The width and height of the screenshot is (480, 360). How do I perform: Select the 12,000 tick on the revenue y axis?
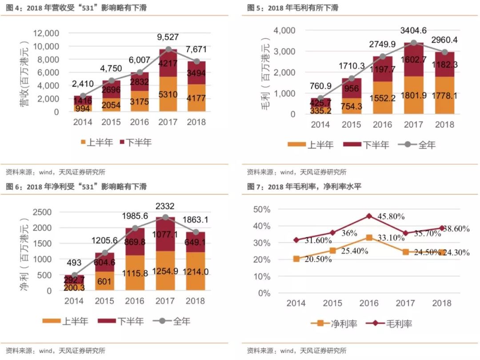click(x=46, y=33)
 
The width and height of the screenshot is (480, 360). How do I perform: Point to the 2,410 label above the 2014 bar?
click(x=83, y=83)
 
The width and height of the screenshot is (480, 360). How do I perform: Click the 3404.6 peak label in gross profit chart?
click(x=413, y=31)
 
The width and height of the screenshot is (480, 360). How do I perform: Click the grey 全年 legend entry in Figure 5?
click(x=420, y=145)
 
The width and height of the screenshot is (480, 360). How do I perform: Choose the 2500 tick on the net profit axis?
click(x=43, y=212)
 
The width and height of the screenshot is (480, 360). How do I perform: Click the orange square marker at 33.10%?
click(x=369, y=238)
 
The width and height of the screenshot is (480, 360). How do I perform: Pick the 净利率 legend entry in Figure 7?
click(x=336, y=324)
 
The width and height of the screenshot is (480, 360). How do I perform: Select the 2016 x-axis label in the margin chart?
click(x=369, y=303)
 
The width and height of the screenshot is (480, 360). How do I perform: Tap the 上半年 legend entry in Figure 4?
click(x=97, y=142)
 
